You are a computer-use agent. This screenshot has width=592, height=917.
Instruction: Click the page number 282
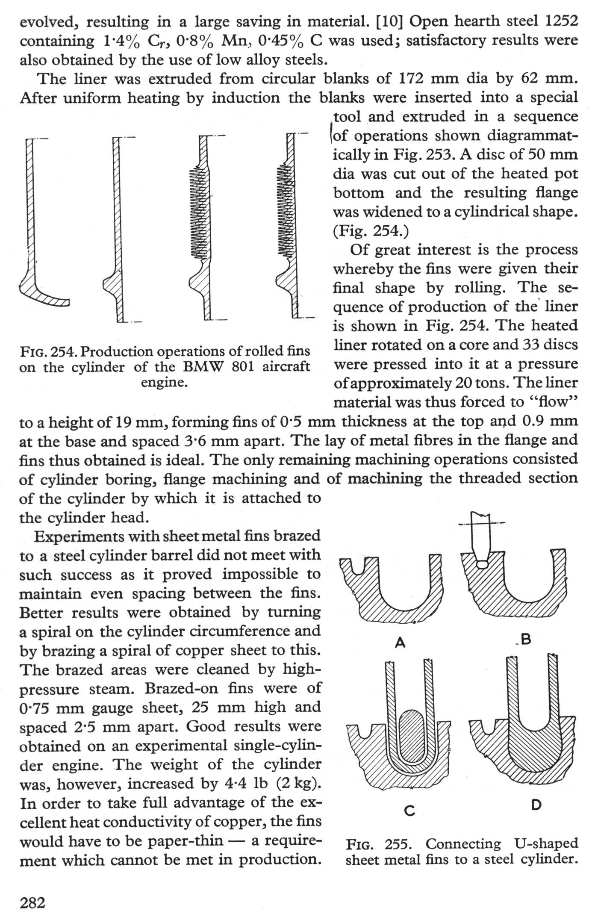coord(32,902)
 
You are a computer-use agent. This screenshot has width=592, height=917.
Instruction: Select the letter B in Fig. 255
coord(526,639)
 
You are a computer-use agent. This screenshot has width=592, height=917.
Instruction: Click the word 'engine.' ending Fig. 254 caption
coord(165,382)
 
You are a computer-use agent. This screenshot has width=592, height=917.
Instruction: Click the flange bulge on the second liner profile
coord(112,284)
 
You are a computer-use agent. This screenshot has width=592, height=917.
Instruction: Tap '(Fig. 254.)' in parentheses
coord(371,231)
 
